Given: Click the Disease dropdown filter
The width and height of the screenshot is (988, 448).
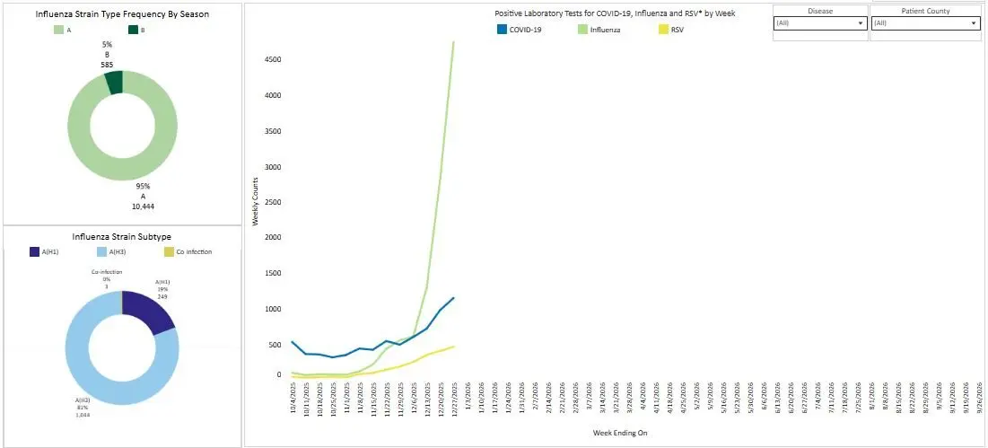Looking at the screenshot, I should coord(820,23).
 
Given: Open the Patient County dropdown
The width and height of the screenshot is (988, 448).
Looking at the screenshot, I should coord(925,23).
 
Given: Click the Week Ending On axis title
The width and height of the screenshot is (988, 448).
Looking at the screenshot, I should coord(619,433).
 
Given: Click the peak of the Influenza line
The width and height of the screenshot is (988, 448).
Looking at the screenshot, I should coord(454,41).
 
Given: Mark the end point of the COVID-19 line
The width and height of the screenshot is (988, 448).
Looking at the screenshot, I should coord(454,297).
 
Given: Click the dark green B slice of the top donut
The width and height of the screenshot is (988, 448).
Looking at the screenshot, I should coord(114,83).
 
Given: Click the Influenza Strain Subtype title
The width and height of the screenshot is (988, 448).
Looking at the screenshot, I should coord(122,237).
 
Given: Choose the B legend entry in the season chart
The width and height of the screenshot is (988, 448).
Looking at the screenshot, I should coord(136,30).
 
